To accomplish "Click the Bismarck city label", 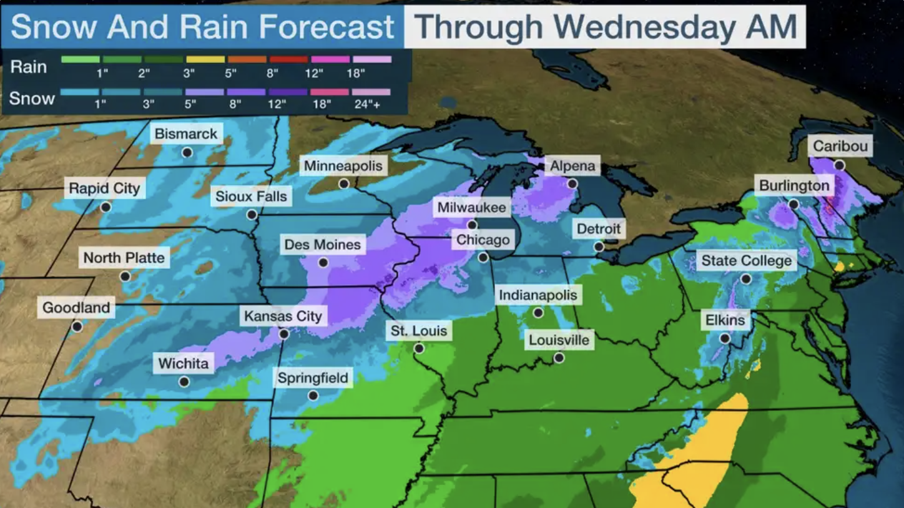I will pyautogui.click(x=186, y=134).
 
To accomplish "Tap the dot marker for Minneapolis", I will pyautogui.click(x=343, y=184).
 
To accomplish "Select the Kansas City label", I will pyautogui.click(x=283, y=316).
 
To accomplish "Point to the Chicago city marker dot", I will pyautogui.click(x=483, y=257).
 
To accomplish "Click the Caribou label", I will pyautogui.click(x=840, y=147).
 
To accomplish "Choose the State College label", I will pyautogui.click(x=746, y=261).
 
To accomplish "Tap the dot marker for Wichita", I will pyautogui.click(x=184, y=382).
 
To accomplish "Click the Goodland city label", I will pyautogui.click(x=76, y=308).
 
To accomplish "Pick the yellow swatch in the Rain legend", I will pyautogui.click(x=205, y=60).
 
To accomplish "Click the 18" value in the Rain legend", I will pyautogui.click(x=355, y=74).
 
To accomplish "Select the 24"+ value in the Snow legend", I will pyautogui.click(x=367, y=105).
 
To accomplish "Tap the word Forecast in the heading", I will pyautogui.click(x=327, y=27).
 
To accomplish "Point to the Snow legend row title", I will pyautogui.click(x=31, y=98).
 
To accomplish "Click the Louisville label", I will pyautogui.click(x=559, y=340).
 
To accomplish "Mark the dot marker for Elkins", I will pyautogui.click(x=724, y=339).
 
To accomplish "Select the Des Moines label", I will pyautogui.click(x=322, y=245).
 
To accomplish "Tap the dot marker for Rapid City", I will pyautogui.click(x=106, y=207).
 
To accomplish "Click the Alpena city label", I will pyautogui.click(x=572, y=166).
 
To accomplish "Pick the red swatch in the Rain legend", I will pyautogui.click(x=288, y=60).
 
